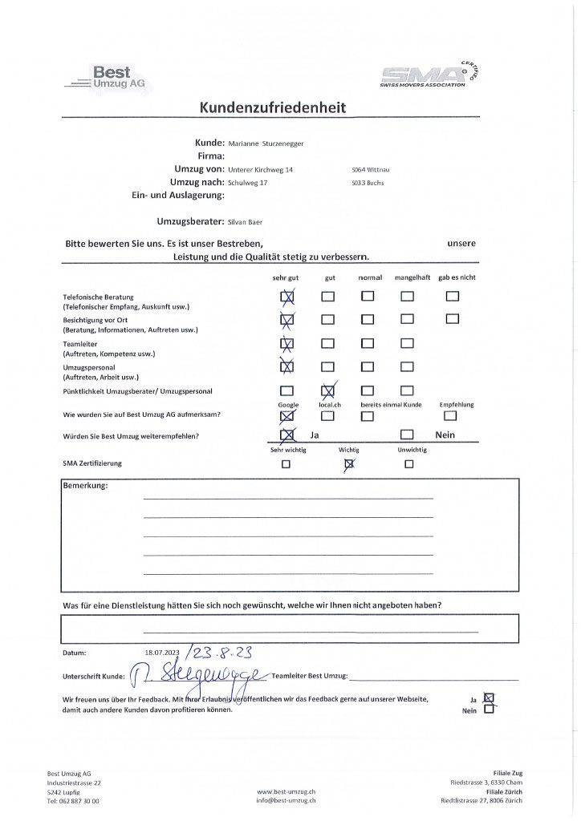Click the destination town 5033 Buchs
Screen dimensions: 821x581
click(368, 183)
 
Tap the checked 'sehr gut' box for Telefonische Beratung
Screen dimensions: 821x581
click(286, 297)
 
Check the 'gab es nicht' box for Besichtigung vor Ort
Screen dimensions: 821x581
click(453, 319)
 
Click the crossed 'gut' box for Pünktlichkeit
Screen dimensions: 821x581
click(327, 391)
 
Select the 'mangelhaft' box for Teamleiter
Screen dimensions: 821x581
click(407, 343)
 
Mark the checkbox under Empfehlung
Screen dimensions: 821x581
click(450, 415)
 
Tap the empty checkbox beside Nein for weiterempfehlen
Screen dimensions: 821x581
click(407, 435)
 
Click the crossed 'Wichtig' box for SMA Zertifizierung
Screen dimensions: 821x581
click(349, 463)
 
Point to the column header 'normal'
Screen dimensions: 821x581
click(370, 277)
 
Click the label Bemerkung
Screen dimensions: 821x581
click(84, 486)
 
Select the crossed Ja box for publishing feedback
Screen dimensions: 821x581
click(490, 698)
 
